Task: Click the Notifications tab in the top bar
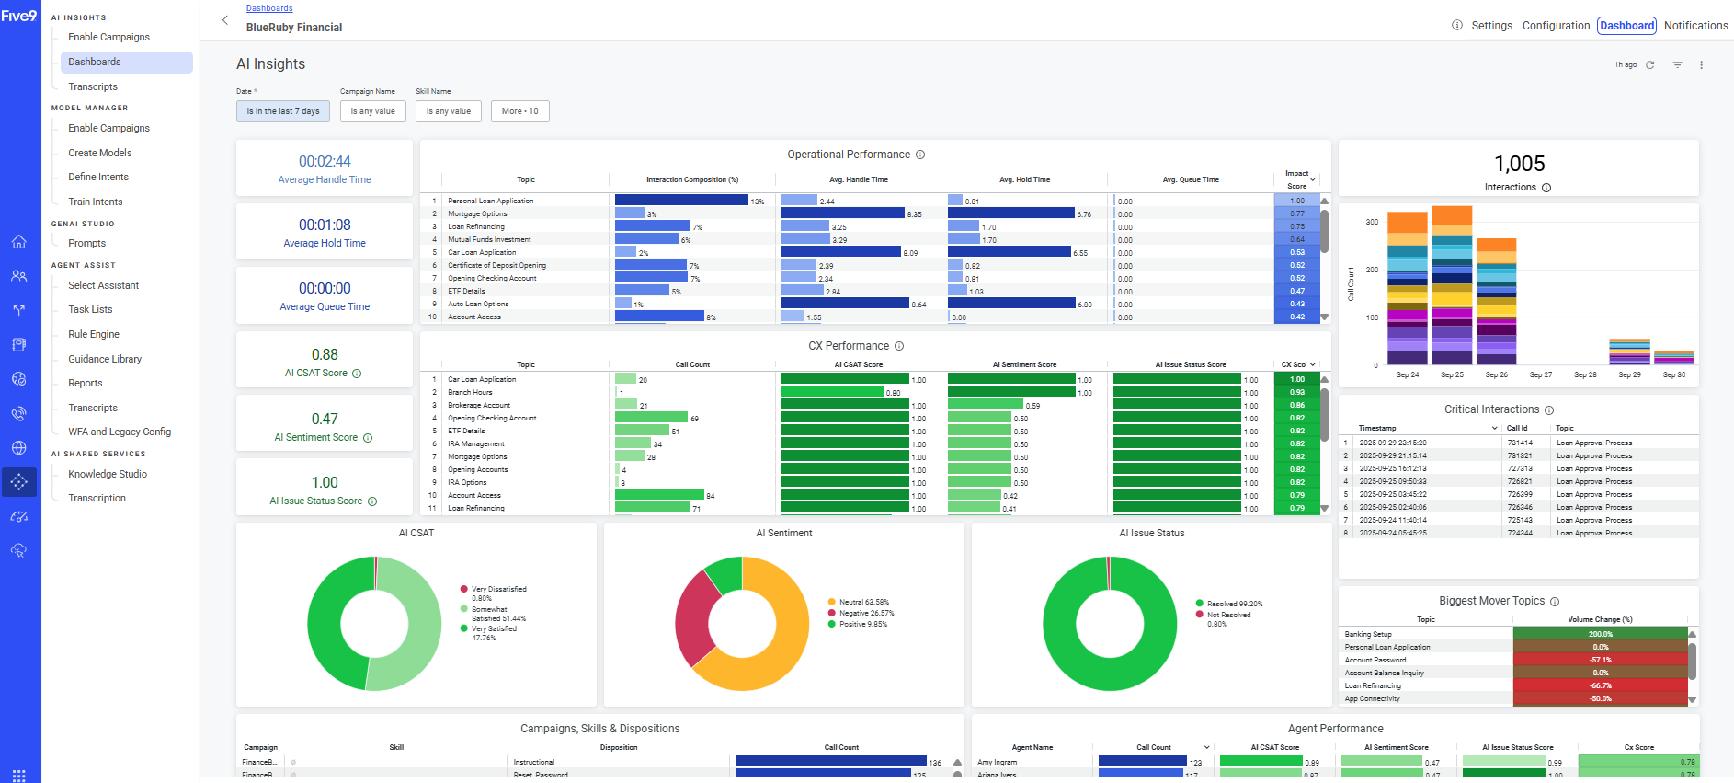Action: click(1695, 26)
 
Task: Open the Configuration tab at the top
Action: click(1556, 26)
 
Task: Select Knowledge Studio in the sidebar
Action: click(108, 474)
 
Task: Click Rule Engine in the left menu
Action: click(94, 334)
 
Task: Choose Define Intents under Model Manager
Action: click(98, 177)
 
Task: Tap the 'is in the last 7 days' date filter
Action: click(283, 111)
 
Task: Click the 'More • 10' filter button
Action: click(520, 111)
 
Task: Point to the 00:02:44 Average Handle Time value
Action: click(325, 161)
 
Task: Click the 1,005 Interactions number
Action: click(1519, 164)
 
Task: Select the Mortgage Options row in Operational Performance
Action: click(477, 213)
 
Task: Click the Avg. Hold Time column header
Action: click(1024, 179)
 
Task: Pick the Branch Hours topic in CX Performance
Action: click(470, 392)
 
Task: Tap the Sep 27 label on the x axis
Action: click(1541, 374)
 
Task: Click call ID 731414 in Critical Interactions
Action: click(1520, 443)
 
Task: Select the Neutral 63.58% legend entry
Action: click(863, 602)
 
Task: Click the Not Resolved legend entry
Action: click(1228, 615)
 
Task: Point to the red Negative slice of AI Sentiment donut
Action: click(695, 616)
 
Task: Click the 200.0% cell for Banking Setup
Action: click(1600, 634)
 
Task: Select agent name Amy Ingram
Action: click(998, 762)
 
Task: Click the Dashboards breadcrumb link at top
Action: click(269, 8)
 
